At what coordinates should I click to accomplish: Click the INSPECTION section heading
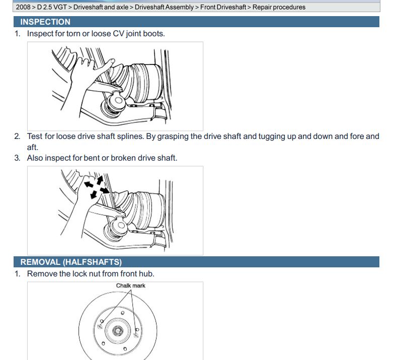pyautogui.click(x=45, y=22)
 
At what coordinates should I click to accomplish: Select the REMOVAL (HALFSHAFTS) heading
pyautogui.click(x=71, y=262)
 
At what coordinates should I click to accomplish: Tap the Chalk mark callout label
pyautogui.click(x=130, y=285)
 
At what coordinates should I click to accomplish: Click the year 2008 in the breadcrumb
pyautogui.click(x=24, y=7)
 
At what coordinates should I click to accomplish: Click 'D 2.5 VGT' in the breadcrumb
pyautogui.click(x=52, y=7)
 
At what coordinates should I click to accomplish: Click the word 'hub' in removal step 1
pyautogui.click(x=147, y=274)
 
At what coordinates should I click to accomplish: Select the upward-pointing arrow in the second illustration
pyautogui.click(x=100, y=179)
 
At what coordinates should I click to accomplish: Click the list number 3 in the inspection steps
pyautogui.click(x=17, y=158)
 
